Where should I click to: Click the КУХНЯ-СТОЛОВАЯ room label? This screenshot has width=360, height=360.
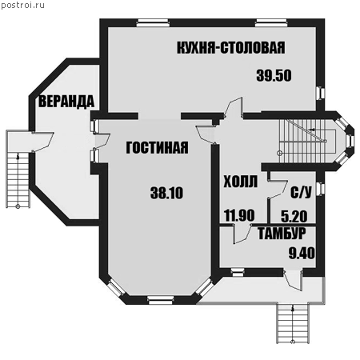[x=231, y=48]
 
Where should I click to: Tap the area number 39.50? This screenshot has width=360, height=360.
[x=274, y=75]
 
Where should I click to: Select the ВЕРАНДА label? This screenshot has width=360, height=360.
[x=66, y=102]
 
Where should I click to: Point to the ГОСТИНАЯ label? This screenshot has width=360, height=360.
[x=157, y=147]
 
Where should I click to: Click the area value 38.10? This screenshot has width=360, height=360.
[x=166, y=193]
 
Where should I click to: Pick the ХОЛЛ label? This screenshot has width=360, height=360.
[x=241, y=182]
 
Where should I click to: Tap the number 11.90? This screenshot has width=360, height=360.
[x=239, y=215]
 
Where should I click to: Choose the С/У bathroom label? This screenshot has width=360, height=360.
[x=301, y=191]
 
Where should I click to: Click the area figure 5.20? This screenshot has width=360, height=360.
[x=294, y=216]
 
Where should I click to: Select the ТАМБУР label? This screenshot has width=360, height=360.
[x=282, y=234]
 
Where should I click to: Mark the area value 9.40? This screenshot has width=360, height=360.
[x=302, y=253]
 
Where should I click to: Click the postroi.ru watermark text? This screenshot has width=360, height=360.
[x=22, y=6]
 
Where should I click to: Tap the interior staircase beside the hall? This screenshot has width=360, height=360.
[x=306, y=141]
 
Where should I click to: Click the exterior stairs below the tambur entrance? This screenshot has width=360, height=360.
[x=293, y=323]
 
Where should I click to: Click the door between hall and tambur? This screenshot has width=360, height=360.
[x=242, y=234]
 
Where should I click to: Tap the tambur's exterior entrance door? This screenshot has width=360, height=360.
[x=294, y=280]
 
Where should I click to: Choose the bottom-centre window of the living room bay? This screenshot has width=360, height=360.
[x=161, y=300]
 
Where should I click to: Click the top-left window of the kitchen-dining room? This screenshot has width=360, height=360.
[x=153, y=22]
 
